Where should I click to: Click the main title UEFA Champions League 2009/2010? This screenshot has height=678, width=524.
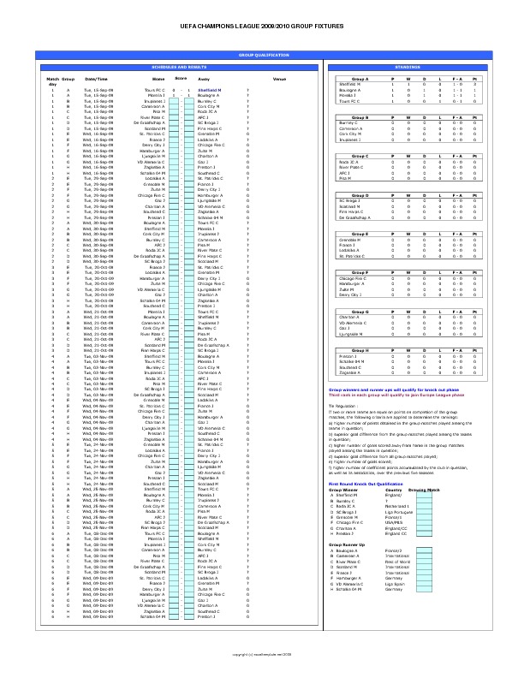click(x=262, y=27)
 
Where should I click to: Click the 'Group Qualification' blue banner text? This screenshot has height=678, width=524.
click(x=263, y=54)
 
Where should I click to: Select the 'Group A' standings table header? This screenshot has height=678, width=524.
click(x=360, y=79)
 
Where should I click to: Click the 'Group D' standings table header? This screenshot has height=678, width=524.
click(x=360, y=195)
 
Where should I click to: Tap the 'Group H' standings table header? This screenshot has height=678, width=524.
click(x=360, y=351)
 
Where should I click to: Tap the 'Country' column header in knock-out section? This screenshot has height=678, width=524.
click(x=394, y=490)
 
